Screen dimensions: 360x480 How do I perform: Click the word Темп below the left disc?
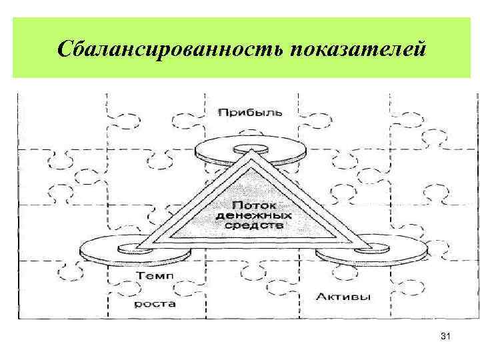[x=154, y=275]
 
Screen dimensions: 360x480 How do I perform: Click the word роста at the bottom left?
[x=155, y=303]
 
